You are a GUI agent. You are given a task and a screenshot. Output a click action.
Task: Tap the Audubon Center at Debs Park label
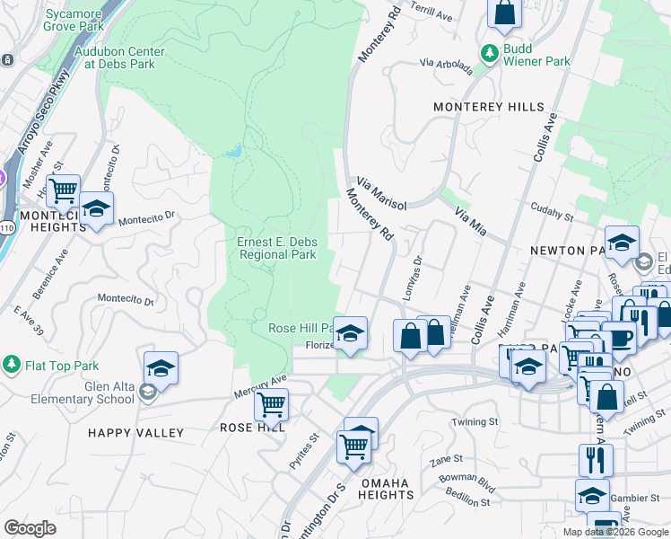tap(114, 57)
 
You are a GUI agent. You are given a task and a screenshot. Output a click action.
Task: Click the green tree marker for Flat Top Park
tap(12, 365)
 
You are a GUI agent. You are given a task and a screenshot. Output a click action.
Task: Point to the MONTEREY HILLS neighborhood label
tap(488, 107)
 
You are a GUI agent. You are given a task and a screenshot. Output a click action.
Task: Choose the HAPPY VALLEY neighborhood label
tap(135, 433)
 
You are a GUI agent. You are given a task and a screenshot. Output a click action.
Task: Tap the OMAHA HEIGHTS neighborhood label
tap(386, 490)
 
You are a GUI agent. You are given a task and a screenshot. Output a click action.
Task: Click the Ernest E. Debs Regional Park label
tap(277, 248)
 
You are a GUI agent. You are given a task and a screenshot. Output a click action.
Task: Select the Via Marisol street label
tap(381, 192)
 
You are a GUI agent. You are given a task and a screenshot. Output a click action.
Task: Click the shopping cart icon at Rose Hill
tap(271, 405)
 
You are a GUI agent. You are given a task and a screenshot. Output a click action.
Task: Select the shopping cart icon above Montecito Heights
tap(63, 190)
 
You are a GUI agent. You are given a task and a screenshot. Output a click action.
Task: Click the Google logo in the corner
tap(30, 528)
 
